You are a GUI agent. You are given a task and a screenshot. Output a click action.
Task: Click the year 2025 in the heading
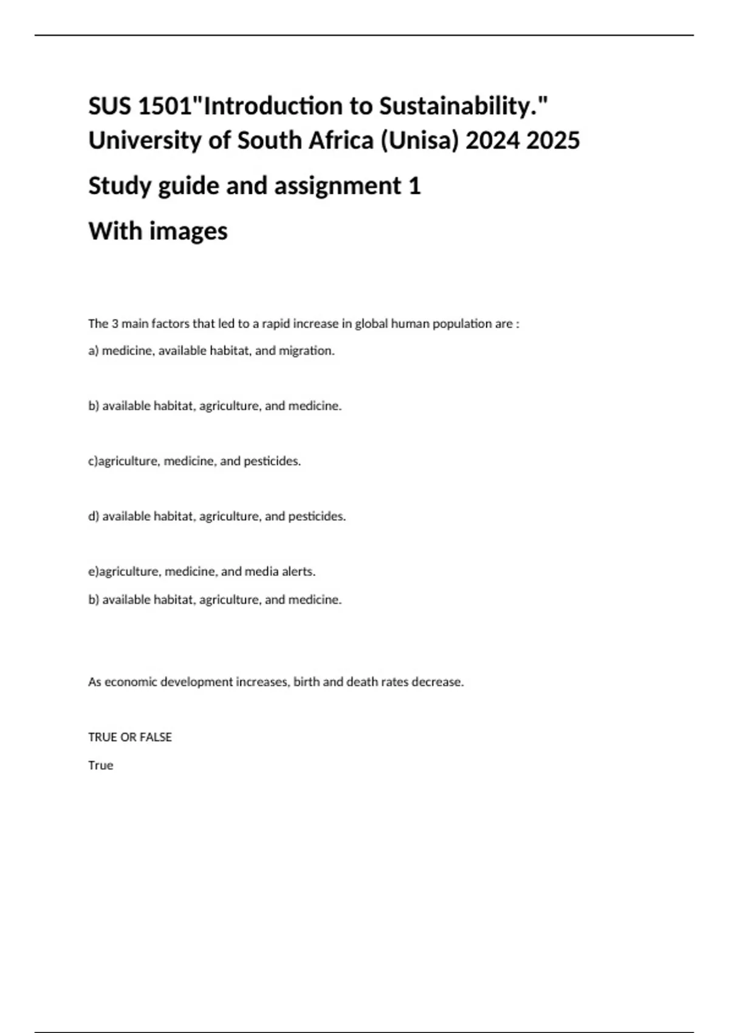pos(553,140)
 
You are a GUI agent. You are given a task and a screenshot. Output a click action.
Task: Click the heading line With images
pos(158,231)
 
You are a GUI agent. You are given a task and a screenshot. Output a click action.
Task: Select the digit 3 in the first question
pos(114,324)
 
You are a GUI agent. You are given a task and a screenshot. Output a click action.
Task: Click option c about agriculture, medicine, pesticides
pos(194,461)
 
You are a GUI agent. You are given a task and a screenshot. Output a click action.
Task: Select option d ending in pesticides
pos(217,516)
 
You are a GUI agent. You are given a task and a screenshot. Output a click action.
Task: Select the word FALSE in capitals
pos(156,737)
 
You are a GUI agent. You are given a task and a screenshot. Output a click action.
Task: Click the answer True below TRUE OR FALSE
pos(101,766)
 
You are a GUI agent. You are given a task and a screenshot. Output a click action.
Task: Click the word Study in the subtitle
pos(120,185)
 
